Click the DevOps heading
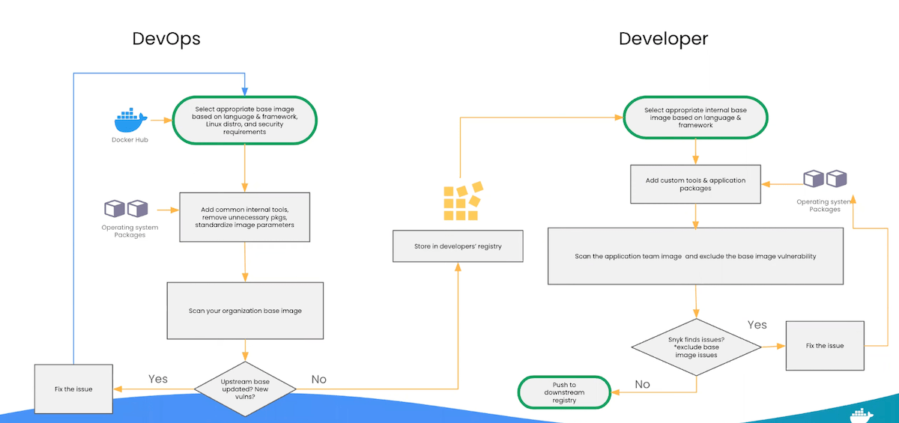pyautogui.click(x=166, y=39)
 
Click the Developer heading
pyautogui.click(x=663, y=39)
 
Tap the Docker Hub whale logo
pyautogui.click(x=130, y=120)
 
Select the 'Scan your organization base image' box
pyautogui.click(x=245, y=311)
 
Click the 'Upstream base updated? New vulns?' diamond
pyautogui.click(x=246, y=387)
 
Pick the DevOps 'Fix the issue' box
pyautogui.click(x=73, y=389)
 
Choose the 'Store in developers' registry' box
pyautogui.click(x=458, y=246)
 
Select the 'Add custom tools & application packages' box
pyautogui.click(x=695, y=184)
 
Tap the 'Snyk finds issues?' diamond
pyautogui.click(x=696, y=346)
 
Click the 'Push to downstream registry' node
pyautogui.click(x=564, y=391)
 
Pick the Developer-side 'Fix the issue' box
pyautogui.click(x=825, y=346)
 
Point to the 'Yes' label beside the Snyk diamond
pyautogui.click(x=757, y=325)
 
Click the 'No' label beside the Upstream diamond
pyautogui.click(x=319, y=380)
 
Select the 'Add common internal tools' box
pyautogui.click(x=245, y=216)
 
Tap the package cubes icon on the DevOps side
pyautogui.click(x=126, y=208)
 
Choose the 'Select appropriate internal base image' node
pyautogui.click(x=695, y=118)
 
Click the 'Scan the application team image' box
pyautogui.click(x=695, y=256)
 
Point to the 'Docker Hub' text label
pyautogui.click(x=130, y=140)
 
